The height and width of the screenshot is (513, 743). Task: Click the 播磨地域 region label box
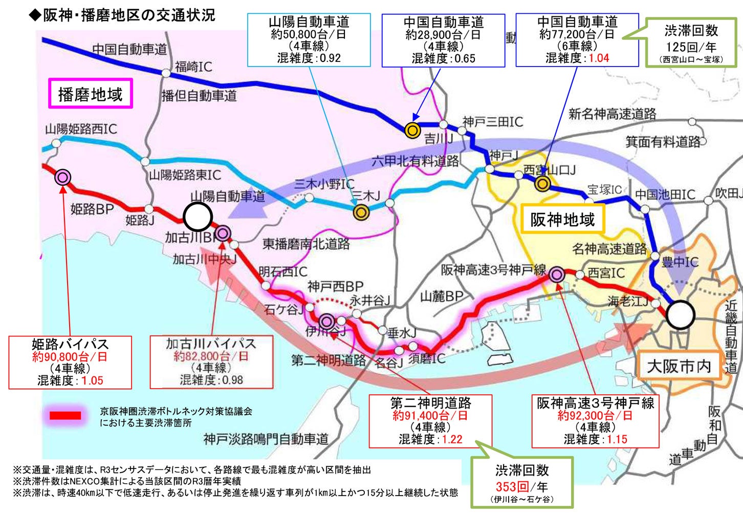91,94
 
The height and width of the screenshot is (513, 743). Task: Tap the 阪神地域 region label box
562,220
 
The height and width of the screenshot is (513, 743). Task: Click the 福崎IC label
193,67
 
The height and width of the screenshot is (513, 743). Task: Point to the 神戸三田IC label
493,121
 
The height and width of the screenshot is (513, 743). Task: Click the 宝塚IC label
604,189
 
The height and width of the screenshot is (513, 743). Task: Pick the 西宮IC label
606,272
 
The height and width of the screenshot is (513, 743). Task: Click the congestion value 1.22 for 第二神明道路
452,439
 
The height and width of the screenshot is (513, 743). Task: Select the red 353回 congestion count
512,486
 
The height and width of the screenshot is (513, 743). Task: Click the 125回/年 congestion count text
691,47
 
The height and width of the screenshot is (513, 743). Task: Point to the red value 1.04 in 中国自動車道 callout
598,58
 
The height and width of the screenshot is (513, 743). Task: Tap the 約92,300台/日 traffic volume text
595,415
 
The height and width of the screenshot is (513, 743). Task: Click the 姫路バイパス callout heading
70,344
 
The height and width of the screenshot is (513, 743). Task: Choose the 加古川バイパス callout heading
211,343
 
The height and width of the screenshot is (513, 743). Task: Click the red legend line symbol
65,415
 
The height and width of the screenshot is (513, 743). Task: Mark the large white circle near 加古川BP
198,217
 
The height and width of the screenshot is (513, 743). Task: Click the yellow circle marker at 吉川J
412,130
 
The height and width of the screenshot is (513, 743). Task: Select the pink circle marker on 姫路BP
63,177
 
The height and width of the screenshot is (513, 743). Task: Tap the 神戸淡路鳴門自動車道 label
266,439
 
